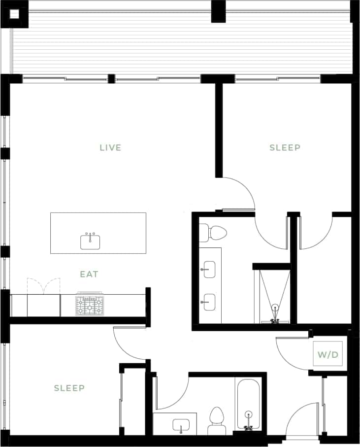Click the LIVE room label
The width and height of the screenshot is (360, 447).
(110, 147)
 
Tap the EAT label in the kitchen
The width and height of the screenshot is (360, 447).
(89, 274)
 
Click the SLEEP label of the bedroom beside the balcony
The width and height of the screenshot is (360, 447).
(285, 147)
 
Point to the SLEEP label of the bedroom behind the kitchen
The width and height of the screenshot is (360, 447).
(69, 388)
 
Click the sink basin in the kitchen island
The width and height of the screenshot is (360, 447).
(90, 242)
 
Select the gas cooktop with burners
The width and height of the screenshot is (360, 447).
(90, 305)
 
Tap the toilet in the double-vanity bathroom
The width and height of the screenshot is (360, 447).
(214, 233)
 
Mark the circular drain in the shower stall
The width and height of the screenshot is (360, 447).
(275, 308)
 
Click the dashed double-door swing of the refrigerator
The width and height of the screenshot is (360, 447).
(43, 286)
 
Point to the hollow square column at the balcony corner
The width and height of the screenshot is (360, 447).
(15, 14)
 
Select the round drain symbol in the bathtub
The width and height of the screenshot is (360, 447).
(249, 414)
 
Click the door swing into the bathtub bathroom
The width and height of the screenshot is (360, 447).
(175, 392)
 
